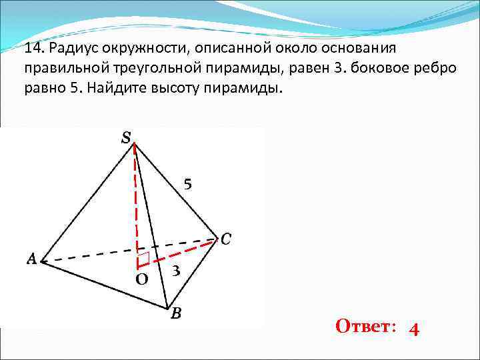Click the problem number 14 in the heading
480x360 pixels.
[x=33, y=50]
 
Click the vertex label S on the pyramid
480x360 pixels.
[x=125, y=137]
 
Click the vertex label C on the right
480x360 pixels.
[x=225, y=238]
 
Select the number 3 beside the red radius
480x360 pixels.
[x=175, y=271]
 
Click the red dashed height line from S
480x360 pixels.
[x=136, y=200]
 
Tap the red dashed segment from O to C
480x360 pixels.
[x=180, y=251]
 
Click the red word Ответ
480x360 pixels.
[x=365, y=327]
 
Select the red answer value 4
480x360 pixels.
[x=414, y=329]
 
